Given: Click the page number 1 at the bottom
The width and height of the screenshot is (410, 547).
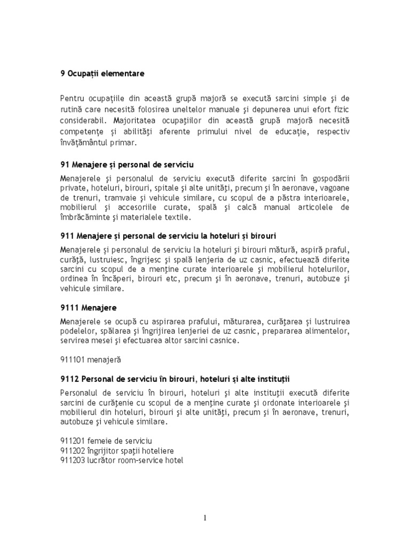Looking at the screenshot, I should tap(204, 518).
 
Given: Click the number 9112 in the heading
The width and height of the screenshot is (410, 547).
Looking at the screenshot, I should tap(69, 379).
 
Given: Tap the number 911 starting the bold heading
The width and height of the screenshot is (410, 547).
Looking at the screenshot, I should tap(67, 236).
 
